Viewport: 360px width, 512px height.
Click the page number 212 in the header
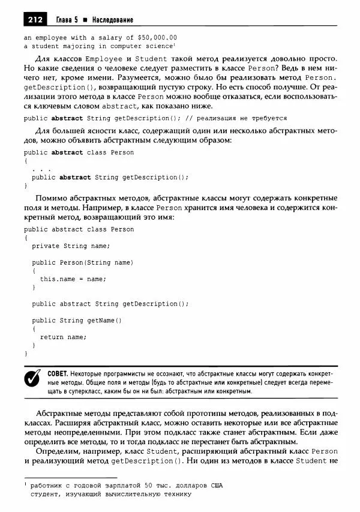(x=34, y=20)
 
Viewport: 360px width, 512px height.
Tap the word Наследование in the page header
(x=112, y=20)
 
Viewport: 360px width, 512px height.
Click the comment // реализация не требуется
(x=241, y=118)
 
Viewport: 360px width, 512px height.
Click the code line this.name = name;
(x=73, y=279)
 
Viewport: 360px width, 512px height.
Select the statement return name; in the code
(x=63, y=337)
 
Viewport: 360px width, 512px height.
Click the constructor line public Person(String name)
(x=82, y=262)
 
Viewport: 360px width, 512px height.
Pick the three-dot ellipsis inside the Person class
(x=41, y=169)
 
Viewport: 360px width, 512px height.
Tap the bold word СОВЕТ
(x=57, y=373)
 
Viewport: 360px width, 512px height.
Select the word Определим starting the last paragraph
(x=56, y=450)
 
